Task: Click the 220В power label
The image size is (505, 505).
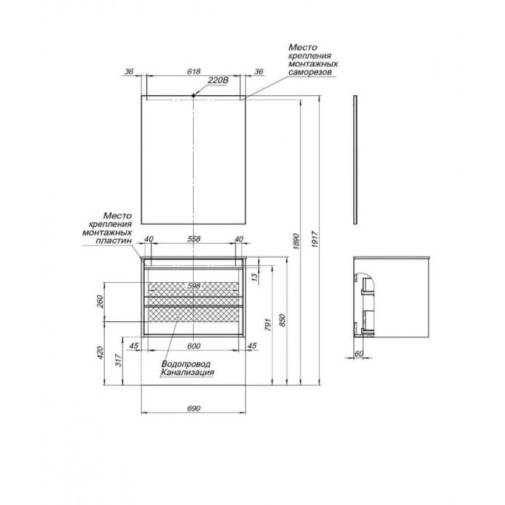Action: point(218,80)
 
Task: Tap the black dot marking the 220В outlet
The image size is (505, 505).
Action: point(193,95)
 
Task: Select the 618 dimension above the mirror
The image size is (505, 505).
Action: point(194,71)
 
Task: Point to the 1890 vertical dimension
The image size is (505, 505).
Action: point(297,241)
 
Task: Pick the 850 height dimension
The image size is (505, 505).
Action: point(282,321)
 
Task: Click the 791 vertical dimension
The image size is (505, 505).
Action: point(268,324)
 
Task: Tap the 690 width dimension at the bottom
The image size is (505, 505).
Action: point(194,408)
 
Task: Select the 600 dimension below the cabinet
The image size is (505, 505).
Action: point(194,346)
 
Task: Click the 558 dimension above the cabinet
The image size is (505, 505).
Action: point(194,239)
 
